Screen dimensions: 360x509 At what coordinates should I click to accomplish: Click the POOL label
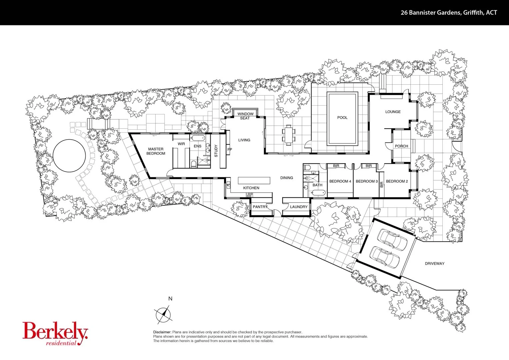(342, 118)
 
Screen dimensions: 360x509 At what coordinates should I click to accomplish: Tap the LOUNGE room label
(393, 112)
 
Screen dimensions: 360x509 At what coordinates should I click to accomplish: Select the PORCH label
(401, 146)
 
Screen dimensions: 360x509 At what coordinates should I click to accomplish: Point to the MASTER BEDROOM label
(156, 151)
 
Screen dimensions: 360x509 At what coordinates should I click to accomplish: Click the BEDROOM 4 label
(340, 181)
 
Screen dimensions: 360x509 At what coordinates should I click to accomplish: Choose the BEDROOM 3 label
(367, 181)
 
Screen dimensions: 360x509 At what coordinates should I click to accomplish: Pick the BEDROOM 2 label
(397, 181)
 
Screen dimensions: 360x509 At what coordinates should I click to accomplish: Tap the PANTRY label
(260, 207)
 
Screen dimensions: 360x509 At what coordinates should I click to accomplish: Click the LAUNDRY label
(299, 207)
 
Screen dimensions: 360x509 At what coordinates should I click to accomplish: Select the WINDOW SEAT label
(245, 116)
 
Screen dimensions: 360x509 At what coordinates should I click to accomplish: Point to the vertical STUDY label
(216, 151)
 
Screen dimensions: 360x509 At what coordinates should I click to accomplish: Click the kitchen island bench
(254, 180)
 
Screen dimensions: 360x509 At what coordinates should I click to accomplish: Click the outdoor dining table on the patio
(288, 135)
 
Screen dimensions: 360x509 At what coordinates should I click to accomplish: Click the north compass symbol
(163, 314)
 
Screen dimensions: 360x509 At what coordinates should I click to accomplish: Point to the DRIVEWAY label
(435, 264)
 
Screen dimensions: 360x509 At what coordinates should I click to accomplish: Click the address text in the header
(449, 13)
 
